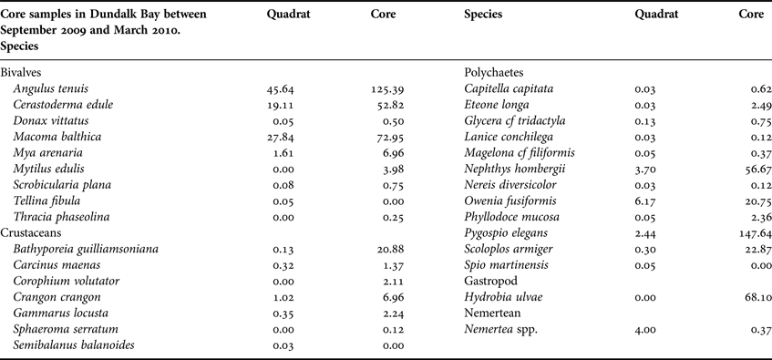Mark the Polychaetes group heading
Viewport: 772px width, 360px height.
pyautogui.click(x=499, y=71)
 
